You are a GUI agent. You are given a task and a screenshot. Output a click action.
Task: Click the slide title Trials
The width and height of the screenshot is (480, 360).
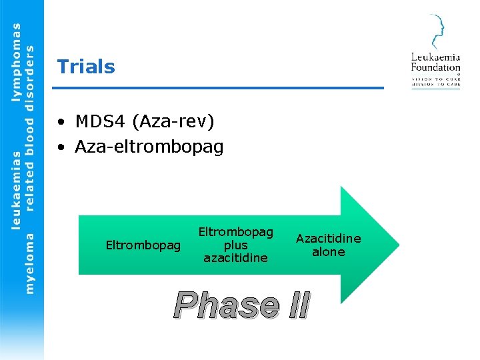[x=86, y=67]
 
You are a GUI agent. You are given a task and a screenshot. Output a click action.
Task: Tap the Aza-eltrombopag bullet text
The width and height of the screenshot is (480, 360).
[x=149, y=146]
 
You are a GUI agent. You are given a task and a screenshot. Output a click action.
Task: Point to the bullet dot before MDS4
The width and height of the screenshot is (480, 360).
[x=61, y=122]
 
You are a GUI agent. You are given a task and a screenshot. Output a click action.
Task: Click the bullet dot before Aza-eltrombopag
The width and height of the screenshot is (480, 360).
[x=61, y=147]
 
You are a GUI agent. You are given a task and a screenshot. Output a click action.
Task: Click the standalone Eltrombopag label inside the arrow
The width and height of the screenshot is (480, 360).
[x=143, y=245]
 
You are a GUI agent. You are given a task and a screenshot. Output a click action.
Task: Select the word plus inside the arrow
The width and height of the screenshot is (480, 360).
[x=235, y=245]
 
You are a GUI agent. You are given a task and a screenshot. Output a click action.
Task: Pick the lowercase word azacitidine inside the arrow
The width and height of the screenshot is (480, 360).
[x=235, y=257]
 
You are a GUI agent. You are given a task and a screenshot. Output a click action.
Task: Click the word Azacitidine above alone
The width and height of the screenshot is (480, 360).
[x=329, y=239]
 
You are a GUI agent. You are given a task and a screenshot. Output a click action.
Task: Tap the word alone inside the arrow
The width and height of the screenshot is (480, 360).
[x=329, y=252]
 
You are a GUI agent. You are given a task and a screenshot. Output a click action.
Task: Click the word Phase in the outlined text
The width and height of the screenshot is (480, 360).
[x=227, y=305]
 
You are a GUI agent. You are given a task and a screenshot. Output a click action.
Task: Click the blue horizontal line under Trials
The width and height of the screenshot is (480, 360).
[x=220, y=87]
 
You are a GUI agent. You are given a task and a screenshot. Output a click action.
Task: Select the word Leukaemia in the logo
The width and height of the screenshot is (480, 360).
[x=435, y=57]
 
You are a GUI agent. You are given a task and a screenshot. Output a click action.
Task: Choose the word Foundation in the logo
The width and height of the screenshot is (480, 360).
[x=435, y=67]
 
